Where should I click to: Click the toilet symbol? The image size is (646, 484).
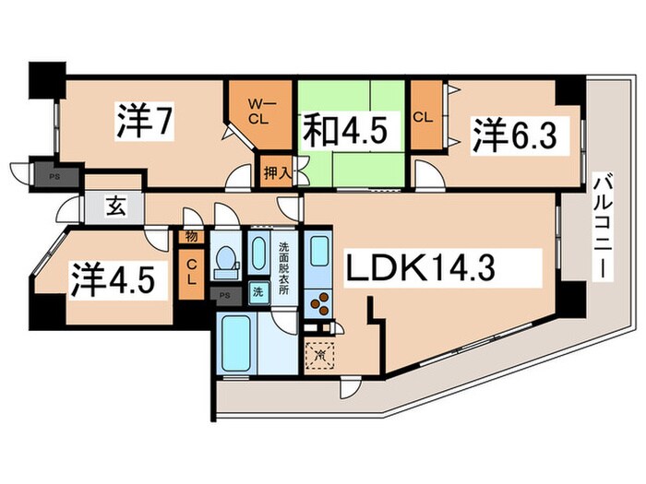click(x=225, y=264)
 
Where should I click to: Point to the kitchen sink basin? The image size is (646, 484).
click(x=319, y=253)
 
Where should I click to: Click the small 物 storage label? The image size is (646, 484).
click(x=190, y=238)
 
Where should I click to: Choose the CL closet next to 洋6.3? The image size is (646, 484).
click(x=425, y=118)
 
